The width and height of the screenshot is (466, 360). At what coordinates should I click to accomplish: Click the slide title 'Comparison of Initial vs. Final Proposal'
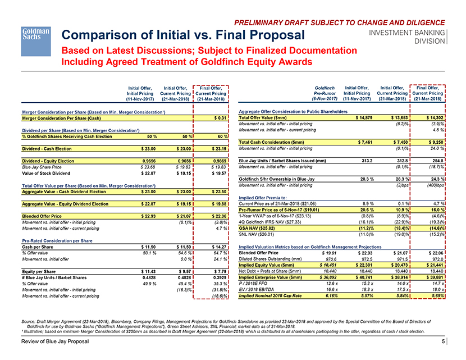(x=183, y=35)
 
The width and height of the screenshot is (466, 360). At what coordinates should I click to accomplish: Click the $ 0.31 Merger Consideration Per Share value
(x=219, y=118)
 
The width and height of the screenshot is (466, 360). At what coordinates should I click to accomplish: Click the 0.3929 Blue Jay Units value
(x=217, y=277)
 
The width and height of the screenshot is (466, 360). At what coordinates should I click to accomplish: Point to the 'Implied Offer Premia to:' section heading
(x=264, y=198)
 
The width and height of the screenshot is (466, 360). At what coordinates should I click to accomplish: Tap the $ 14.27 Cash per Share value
(x=218, y=247)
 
